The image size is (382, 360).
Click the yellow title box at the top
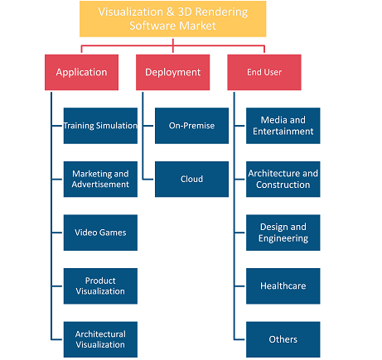[x=173, y=19]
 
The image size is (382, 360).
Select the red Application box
[x=81, y=72]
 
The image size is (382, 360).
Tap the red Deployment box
[x=172, y=72]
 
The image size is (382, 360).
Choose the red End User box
[x=264, y=72]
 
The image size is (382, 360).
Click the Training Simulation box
[x=100, y=126]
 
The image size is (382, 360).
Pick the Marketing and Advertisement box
[x=100, y=180]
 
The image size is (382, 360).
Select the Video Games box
[x=100, y=233]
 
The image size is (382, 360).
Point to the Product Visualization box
[x=100, y=286]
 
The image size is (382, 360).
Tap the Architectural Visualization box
[x=100, y=339]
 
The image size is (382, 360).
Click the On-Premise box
[x=191, y=126]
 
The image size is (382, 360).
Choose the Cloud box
[x=191, y=180]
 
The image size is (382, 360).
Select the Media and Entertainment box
[x=283, y=126]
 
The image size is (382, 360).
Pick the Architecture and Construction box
[x=283, y=180]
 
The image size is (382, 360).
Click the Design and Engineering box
[x=283, y=233]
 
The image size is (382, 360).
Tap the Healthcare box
[x=283, y=286]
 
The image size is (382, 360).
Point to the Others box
[x=283, y=339]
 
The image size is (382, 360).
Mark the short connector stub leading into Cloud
[x=148, y=180]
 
